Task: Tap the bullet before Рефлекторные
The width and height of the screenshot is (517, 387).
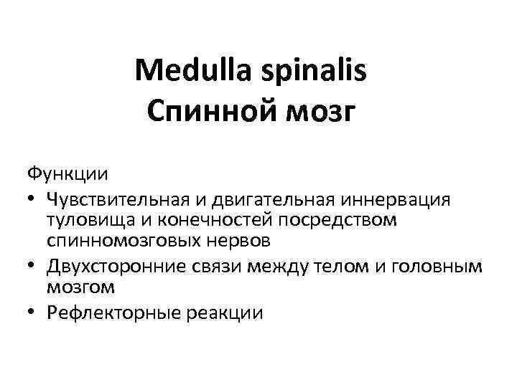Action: tap(32, 313)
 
